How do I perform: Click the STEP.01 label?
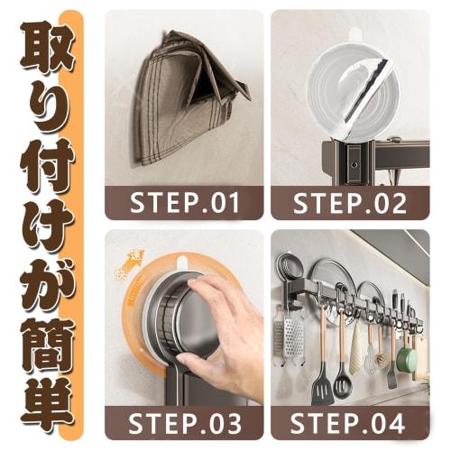click(185, 202)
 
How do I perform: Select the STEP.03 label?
click(185, 422)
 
